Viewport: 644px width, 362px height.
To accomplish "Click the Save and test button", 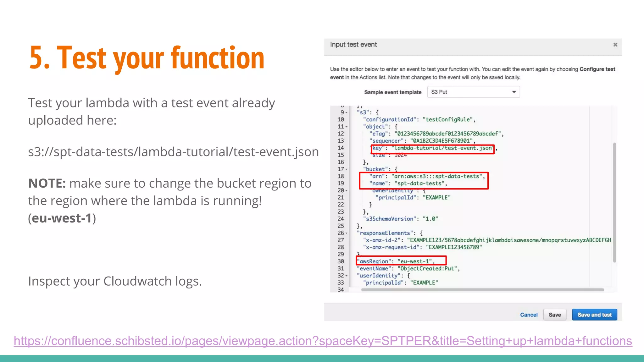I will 594,315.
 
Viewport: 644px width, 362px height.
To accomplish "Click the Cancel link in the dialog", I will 529,315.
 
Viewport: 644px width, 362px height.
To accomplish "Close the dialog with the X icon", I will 615,45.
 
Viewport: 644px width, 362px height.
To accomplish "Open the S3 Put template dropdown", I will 473,92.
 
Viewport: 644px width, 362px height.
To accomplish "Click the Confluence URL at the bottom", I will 323,341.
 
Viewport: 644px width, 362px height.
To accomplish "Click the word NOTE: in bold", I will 47,183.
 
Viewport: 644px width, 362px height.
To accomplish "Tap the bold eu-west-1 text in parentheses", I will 62,218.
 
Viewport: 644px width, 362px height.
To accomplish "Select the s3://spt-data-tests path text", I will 173,152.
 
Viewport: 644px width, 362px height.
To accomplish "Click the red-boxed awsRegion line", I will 401,261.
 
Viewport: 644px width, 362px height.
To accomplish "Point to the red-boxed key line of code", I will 433,148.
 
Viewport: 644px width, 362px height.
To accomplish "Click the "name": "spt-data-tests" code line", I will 408,183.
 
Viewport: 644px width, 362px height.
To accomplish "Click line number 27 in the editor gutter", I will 341,240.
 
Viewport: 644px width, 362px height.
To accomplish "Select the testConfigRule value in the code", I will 448,119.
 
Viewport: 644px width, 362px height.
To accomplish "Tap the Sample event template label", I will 392,92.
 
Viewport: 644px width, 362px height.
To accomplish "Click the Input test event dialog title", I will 353,45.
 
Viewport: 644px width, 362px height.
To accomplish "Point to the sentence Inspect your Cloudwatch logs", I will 115,281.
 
